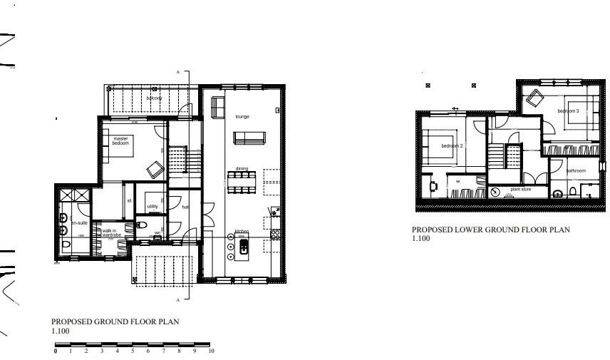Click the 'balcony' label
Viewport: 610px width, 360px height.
pos(154,98)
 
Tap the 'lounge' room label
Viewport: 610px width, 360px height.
pos(242,116)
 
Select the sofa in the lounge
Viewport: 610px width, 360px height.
pos(249,138)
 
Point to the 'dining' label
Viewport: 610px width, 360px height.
pos(242,169)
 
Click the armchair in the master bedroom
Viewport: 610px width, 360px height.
pos(155,170)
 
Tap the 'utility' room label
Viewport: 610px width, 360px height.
pos(152,207)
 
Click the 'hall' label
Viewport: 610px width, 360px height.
pos(185,207)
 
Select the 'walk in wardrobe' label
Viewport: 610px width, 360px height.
pos(111,232)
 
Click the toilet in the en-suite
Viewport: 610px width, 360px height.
pos(65,245)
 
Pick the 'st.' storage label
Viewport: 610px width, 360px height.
pos(130,201)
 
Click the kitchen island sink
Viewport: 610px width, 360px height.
pos(244,247)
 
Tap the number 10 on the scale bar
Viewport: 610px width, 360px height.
pos(211,351)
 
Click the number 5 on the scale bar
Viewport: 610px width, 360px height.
pos(133,351)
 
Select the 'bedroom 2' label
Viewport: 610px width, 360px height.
pos(452,146)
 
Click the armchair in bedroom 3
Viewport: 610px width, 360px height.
pos(534,98)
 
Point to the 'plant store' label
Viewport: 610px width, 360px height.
pos(520,190)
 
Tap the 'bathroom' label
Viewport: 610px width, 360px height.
pos(575,171)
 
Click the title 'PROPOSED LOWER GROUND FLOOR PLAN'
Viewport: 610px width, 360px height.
pos(490,230)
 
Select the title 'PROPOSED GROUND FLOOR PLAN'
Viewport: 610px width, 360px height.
pos(115,322)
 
